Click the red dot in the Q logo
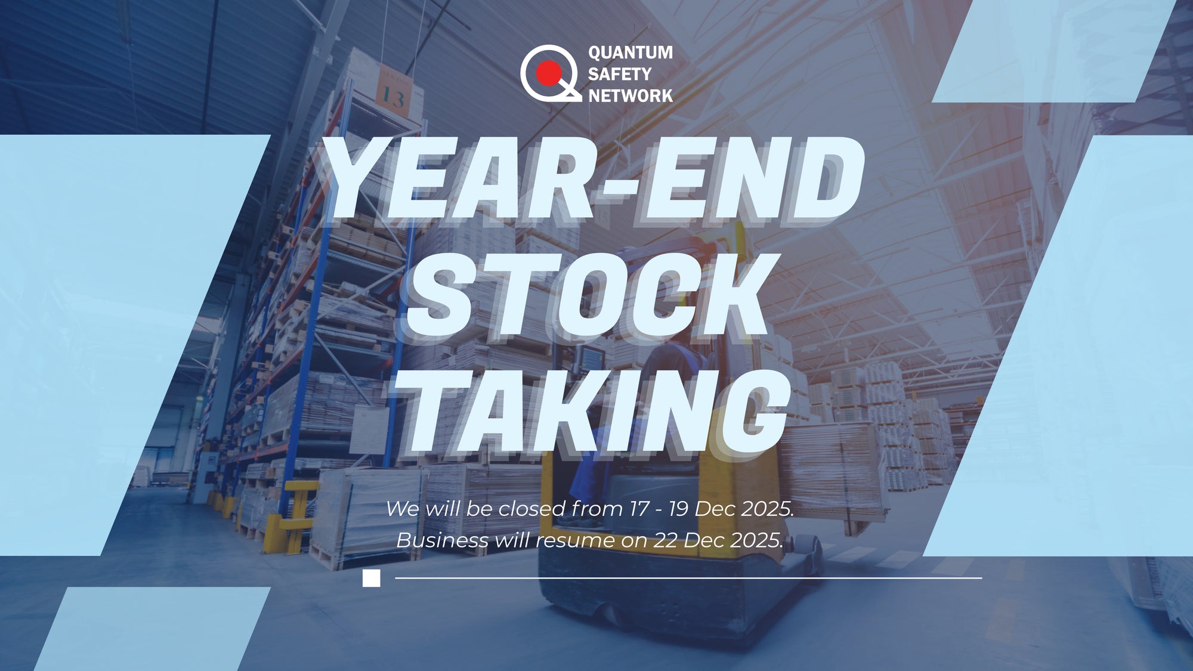click(548, 73)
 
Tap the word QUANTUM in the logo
click(631, 52)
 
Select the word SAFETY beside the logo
click(620, 74)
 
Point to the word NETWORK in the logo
click(631, 95)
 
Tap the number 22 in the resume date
click(666, 540)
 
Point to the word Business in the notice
click(442, 540)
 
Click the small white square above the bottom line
click(371, 578)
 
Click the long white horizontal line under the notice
click(688, 578)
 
